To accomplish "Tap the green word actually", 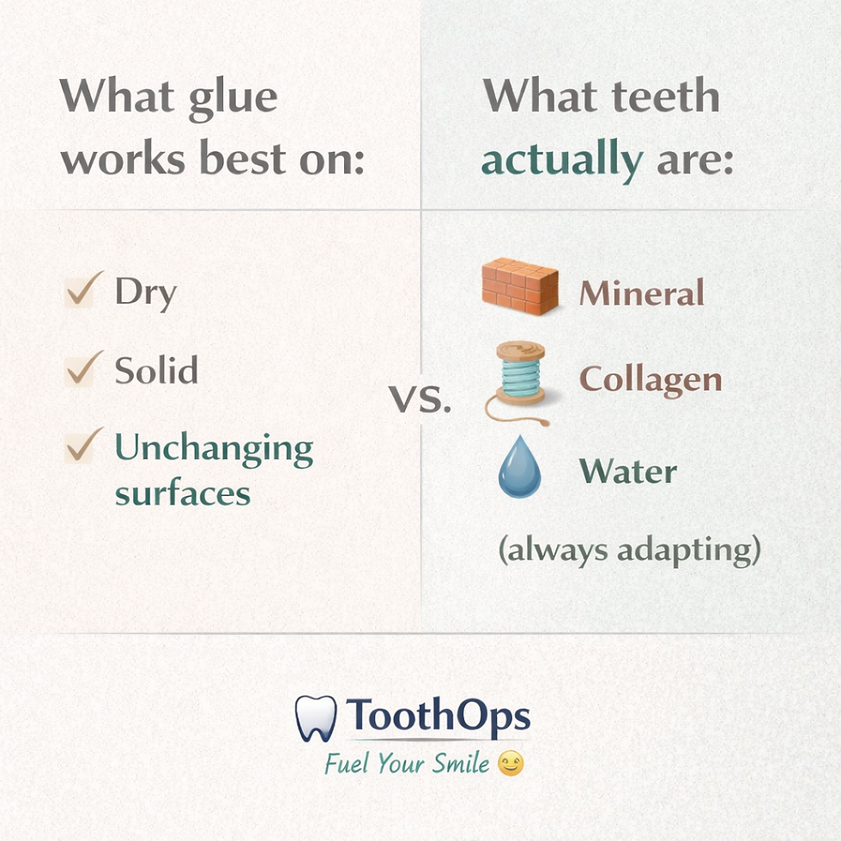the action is pyautogui.click(x=562, y=160).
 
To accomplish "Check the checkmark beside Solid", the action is pyautogui.click(x=84, y=368).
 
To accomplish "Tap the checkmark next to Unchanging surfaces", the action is pyautogui.click(x=84, y=445).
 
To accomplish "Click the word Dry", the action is pyautogui.click(x=146, y=293).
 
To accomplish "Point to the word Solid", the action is pyautogui.click(x=156, y=370).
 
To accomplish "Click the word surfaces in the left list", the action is pyautogui.click(x=183, y=493).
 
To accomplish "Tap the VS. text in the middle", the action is pyautogui.click(x=420, y=400).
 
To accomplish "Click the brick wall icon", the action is pyautogui.click(x=520, y=286).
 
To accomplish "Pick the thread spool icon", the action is pyautogui.click(x=518, y=382).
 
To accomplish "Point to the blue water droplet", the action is pyautogui.click(x=519, y=467).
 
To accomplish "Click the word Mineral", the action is pyautogui.click(x=642, y=293).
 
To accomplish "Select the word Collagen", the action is pyautogui.click(x=650, y=379).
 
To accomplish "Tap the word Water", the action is pyautogui.click(x=628, y=471).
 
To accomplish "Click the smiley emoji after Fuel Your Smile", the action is pyautogui.click(x=511, y=764).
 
